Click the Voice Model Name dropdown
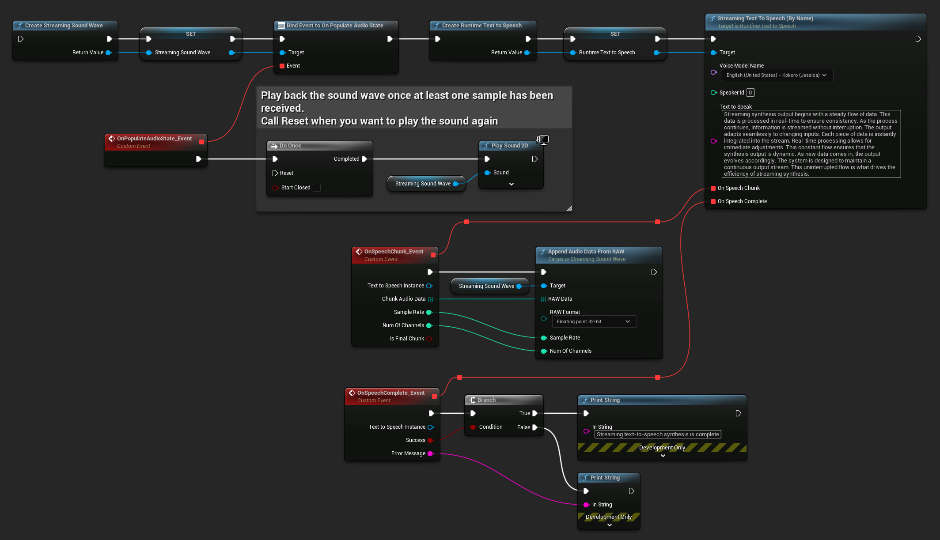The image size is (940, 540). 777,75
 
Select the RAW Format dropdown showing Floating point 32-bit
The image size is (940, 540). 594,321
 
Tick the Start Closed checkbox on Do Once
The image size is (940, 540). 317,188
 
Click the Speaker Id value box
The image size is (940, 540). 750,93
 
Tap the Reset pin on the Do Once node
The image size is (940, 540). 275,173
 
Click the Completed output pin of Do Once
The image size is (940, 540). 364,159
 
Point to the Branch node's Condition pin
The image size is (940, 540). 473,427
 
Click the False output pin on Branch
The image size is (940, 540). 535,427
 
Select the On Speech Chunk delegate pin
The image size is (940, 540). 713,188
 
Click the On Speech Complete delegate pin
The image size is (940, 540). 713,201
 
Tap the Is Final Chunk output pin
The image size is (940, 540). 428,339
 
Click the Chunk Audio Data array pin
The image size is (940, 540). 430,299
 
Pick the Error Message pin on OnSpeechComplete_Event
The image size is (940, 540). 430,453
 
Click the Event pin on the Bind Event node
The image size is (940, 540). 282,66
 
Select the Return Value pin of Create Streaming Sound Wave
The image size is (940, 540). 108,53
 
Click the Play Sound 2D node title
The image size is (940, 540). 509,146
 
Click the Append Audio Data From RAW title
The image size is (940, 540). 586,252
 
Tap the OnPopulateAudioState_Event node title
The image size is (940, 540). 154,139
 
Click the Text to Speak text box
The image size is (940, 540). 811,144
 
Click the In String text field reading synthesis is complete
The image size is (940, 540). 657,434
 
